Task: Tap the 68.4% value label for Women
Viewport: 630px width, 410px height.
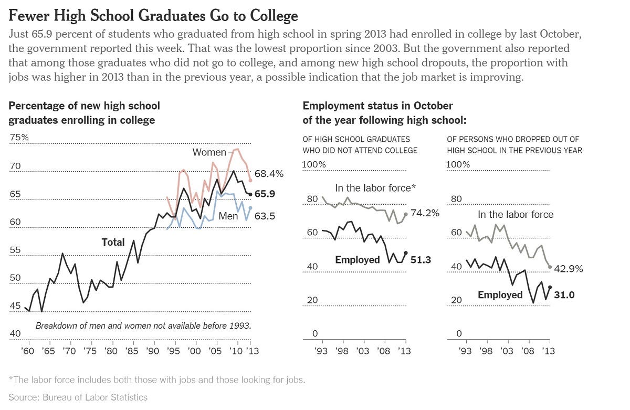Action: click(269, 173)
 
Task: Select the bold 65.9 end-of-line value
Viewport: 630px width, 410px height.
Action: click(265, 194)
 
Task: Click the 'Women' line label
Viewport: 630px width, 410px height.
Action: click(209, 152)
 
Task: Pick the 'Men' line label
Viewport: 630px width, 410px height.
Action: click(228, 216)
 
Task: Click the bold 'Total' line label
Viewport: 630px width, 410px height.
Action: click(113, 242)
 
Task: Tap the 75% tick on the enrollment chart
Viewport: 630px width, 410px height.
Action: click(19, 138)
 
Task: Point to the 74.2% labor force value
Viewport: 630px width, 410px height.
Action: click(425, 213)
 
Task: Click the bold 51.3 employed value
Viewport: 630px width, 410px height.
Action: click(421, 260)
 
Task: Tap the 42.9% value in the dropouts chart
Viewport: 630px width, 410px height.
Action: click(569, 269)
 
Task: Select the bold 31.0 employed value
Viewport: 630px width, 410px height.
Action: click(564, 295)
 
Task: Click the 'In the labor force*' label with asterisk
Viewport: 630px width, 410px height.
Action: click(374, 188)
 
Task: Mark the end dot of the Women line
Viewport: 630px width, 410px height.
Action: click(250, 180)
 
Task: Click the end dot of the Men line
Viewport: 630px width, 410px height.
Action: click(250, 208)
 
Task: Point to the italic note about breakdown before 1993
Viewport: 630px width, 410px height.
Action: click(143, 325)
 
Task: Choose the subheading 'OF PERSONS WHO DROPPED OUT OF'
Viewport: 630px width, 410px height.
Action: click(513, 139)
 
